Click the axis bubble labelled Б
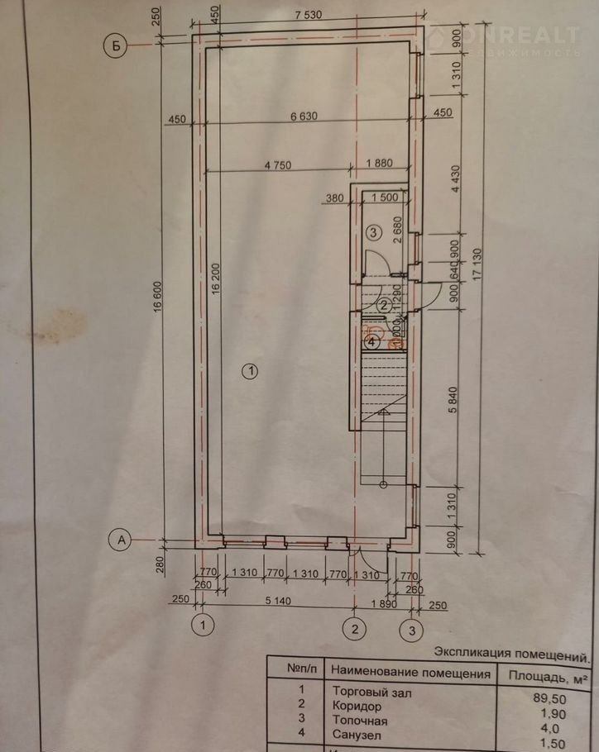(x=117, y=46)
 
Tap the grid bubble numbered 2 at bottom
(x=355, y=630)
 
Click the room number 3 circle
(x=373, y=232)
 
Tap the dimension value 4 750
(x=279, y=164)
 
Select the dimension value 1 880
(x=380, y=164)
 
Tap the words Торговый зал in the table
(x=371, y=692)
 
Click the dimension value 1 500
(x=385, y=198)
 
